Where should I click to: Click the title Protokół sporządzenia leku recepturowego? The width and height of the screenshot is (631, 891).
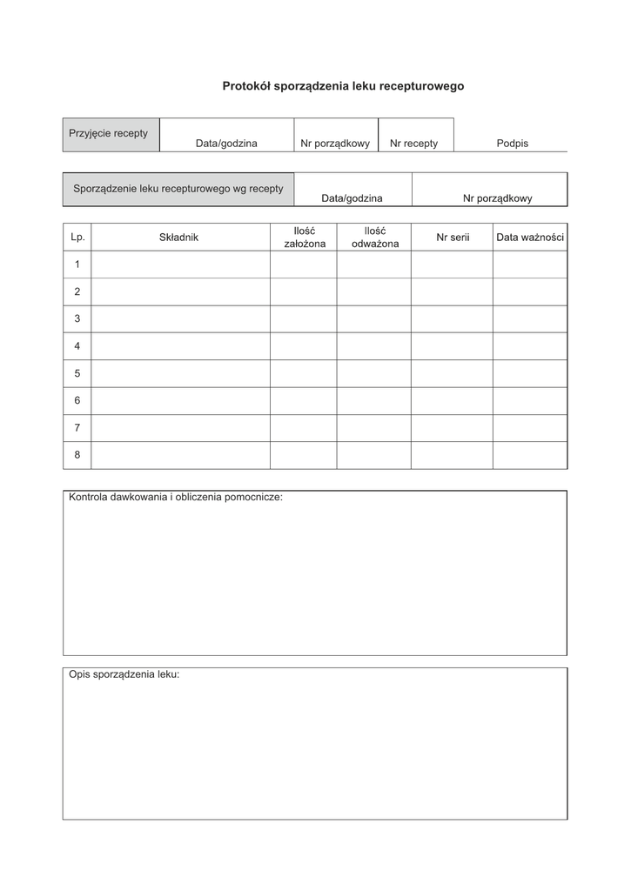(343, 86)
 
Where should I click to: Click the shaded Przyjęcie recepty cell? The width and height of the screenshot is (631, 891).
(111, 134)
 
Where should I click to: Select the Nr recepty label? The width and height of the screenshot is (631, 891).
(413, 144)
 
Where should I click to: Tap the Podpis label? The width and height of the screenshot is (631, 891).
(512, 144)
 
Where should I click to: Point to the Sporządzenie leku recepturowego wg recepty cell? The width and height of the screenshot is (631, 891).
(178, 189)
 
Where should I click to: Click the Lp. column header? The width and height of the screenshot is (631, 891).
(77, 237)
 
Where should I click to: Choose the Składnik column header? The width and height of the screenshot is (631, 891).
(179, 237)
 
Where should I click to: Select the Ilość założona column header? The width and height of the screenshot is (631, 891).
(304, 237)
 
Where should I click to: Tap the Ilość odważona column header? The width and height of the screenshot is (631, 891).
(374, 237)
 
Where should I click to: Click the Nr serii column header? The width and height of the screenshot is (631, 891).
(453, 237)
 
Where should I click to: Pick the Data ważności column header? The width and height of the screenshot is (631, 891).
(530, 237)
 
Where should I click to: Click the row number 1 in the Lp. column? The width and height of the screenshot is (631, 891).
(77, 265)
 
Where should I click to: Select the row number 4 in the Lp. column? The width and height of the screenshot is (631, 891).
(77, 346)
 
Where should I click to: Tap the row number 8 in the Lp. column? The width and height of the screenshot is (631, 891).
(77, 455)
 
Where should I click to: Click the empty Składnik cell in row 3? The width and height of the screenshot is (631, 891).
(180, 319)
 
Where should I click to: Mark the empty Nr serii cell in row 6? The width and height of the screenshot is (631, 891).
(453, 401)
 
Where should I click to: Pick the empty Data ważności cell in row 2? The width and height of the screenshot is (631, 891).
(530, 291)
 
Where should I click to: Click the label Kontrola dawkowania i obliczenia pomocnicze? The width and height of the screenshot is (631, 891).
(176, 498)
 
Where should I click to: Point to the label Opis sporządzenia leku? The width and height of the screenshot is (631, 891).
(124, 674)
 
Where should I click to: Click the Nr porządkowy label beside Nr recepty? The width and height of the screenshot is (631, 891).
(335, 144)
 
